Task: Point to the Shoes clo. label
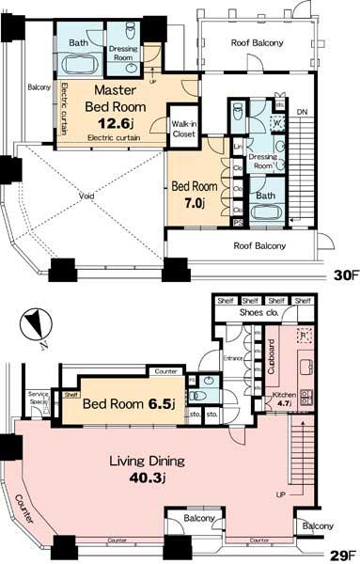259,313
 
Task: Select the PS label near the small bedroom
236,222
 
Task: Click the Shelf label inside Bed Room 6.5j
70,396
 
